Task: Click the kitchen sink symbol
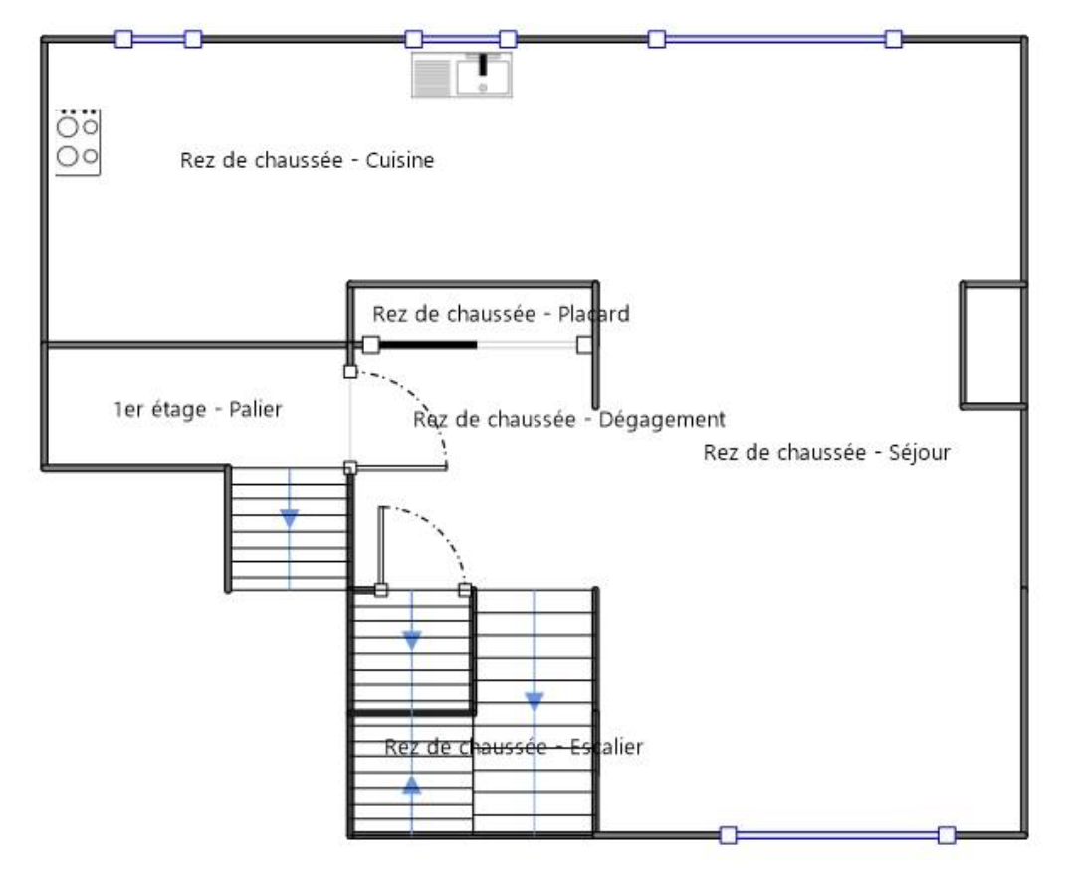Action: [462, 75]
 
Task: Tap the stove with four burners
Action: [78, 142]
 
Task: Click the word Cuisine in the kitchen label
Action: [401, 160]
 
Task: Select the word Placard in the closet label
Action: [593, 314]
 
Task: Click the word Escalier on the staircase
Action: [605, 746]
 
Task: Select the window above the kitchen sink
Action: [460, 39]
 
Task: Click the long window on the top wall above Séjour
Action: [774, 39]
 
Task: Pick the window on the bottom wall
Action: [836, 834]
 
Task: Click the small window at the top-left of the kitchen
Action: [158, 39]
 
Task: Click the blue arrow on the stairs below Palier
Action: [289, 518]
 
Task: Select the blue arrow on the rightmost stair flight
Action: [535, 700]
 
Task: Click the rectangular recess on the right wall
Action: [992, 344]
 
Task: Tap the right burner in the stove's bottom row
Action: [90, 155]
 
